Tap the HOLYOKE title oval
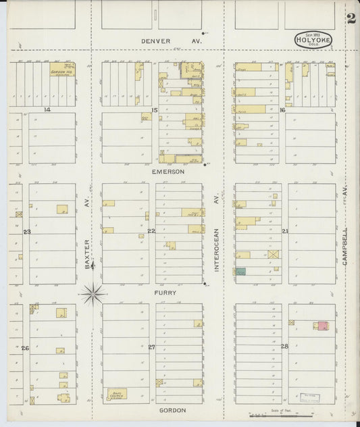pyautogui.click(x=312, y=40)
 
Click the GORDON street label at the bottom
pyautogui.click(x=172, y=410)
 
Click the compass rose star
pyautogui.click(x=94, y=293)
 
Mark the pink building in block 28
pyautogui.click(x=324, y=326)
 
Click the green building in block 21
pyautogui.click(x=241, y=271)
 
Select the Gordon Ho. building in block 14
pyautogui.click(x=62, y=70)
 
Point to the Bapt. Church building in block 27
pyautogui.click(x=116, y=393)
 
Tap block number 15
pyautogui.click(x=155, y=109)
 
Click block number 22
pyautogui.click(x=152, y=231)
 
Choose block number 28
pyautogui.click(x=284, y=347)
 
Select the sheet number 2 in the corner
pyautogui.click(x=351, y=18)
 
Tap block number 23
pyautogui.click(x=27, y=232)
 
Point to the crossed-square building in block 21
pyautogui.click(x=274, y=255)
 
